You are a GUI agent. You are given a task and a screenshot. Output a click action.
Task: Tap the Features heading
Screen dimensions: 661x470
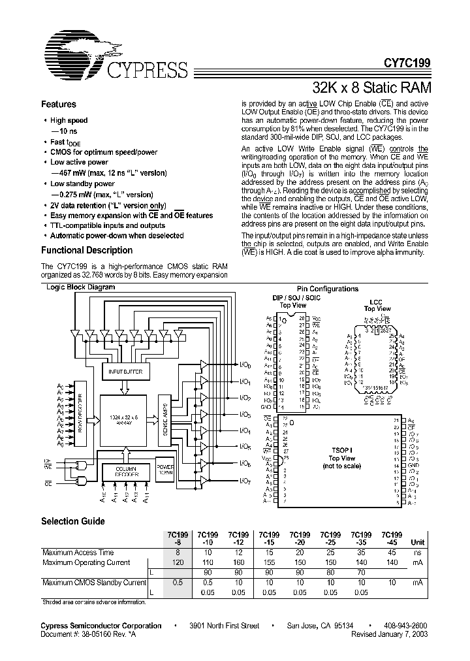tap(59, 105)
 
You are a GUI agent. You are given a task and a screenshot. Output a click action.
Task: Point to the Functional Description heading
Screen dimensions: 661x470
tap(87, 250)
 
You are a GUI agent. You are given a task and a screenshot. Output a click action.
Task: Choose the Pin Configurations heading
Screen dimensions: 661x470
tap(327, 289)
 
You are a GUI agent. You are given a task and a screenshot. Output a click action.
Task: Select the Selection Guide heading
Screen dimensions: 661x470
tap(72, 521)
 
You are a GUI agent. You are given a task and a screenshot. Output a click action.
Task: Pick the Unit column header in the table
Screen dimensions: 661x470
tap(417, 542)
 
